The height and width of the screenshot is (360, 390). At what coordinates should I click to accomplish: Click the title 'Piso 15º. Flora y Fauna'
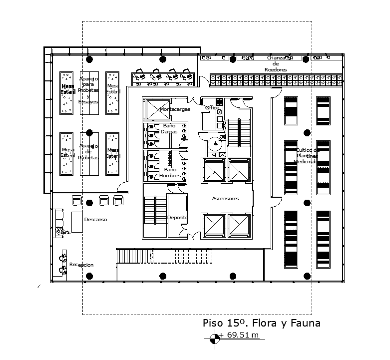tap(261, 323)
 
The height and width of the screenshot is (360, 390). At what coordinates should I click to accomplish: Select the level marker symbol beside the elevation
tap(214, 338)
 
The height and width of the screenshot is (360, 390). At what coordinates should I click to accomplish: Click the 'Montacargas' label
tap(173, 109)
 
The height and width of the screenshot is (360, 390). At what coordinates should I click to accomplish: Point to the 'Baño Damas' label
tap(168, 129)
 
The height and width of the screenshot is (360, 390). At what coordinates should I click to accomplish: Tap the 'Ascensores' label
tap(225, 198)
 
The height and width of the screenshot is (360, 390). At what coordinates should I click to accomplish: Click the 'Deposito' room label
tap(177, 218)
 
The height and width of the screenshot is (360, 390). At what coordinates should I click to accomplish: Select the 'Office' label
tap(212, 107)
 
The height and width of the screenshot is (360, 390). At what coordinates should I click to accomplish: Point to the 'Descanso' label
tap(95, 219)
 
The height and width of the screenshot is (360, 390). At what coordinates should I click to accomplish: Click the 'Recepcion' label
tap(81, 265)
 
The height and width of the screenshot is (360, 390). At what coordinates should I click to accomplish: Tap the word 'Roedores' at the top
tap(276, 70)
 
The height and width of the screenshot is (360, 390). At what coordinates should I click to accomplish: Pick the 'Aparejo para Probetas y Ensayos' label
tap(88, 90)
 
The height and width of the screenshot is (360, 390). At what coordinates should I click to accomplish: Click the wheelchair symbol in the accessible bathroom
tap(215, 143)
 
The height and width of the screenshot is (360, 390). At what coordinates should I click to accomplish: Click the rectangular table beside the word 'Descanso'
tap(76, 221)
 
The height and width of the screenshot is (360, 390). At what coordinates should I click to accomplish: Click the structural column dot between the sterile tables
tap(89, 133)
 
